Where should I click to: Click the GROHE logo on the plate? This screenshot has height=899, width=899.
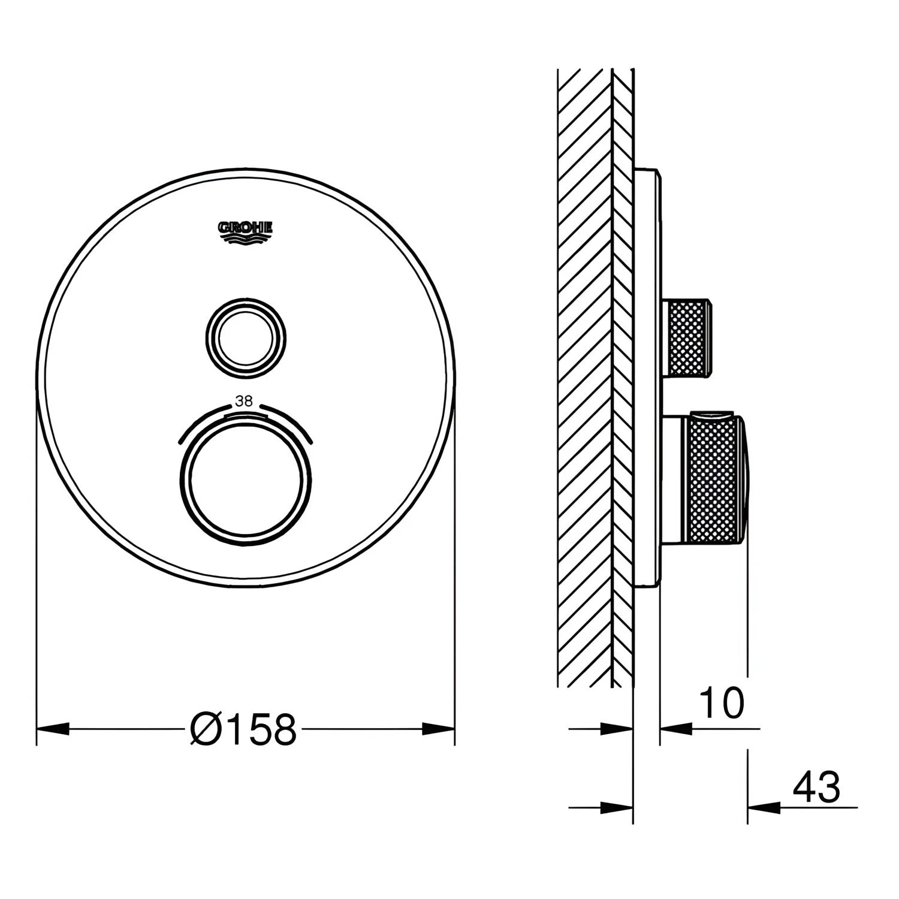[x=245, y=233]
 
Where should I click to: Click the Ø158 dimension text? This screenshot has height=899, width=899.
[x=243, y=729]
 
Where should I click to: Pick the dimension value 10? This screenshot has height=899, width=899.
[x=722, y=703]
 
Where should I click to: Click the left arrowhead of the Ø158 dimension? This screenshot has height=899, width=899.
[x=53, y=729]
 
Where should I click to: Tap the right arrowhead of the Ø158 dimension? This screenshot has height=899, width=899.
[x=439, y=729]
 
